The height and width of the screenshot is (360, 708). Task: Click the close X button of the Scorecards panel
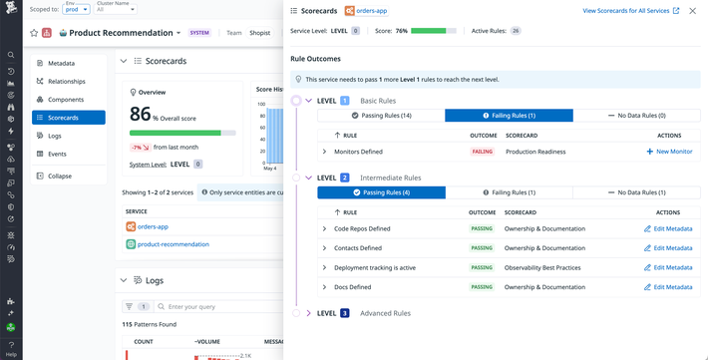point(693,11)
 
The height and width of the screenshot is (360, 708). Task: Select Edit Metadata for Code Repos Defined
point(668,228)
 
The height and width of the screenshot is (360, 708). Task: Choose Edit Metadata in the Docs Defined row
point(668,287)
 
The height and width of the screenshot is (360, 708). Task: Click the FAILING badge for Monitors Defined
point(483,152)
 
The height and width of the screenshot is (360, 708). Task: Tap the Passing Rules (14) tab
point(381,116)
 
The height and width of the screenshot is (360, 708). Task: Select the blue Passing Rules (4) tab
point(381,192)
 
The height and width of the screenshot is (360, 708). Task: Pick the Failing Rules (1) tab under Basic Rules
point(509,116)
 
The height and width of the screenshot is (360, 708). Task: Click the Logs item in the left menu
point(55,136)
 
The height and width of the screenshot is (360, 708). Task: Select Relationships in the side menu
point(66,82)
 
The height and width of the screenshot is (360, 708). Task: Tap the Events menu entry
point(57,154)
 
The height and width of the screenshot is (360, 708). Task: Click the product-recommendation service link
point(174,243)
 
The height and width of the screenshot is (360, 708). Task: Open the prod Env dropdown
point(76,10)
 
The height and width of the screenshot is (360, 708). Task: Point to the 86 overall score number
point(141,115)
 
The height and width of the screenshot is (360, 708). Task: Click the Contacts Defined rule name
point(357,248)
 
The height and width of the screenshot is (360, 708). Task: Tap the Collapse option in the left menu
point(60,176)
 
